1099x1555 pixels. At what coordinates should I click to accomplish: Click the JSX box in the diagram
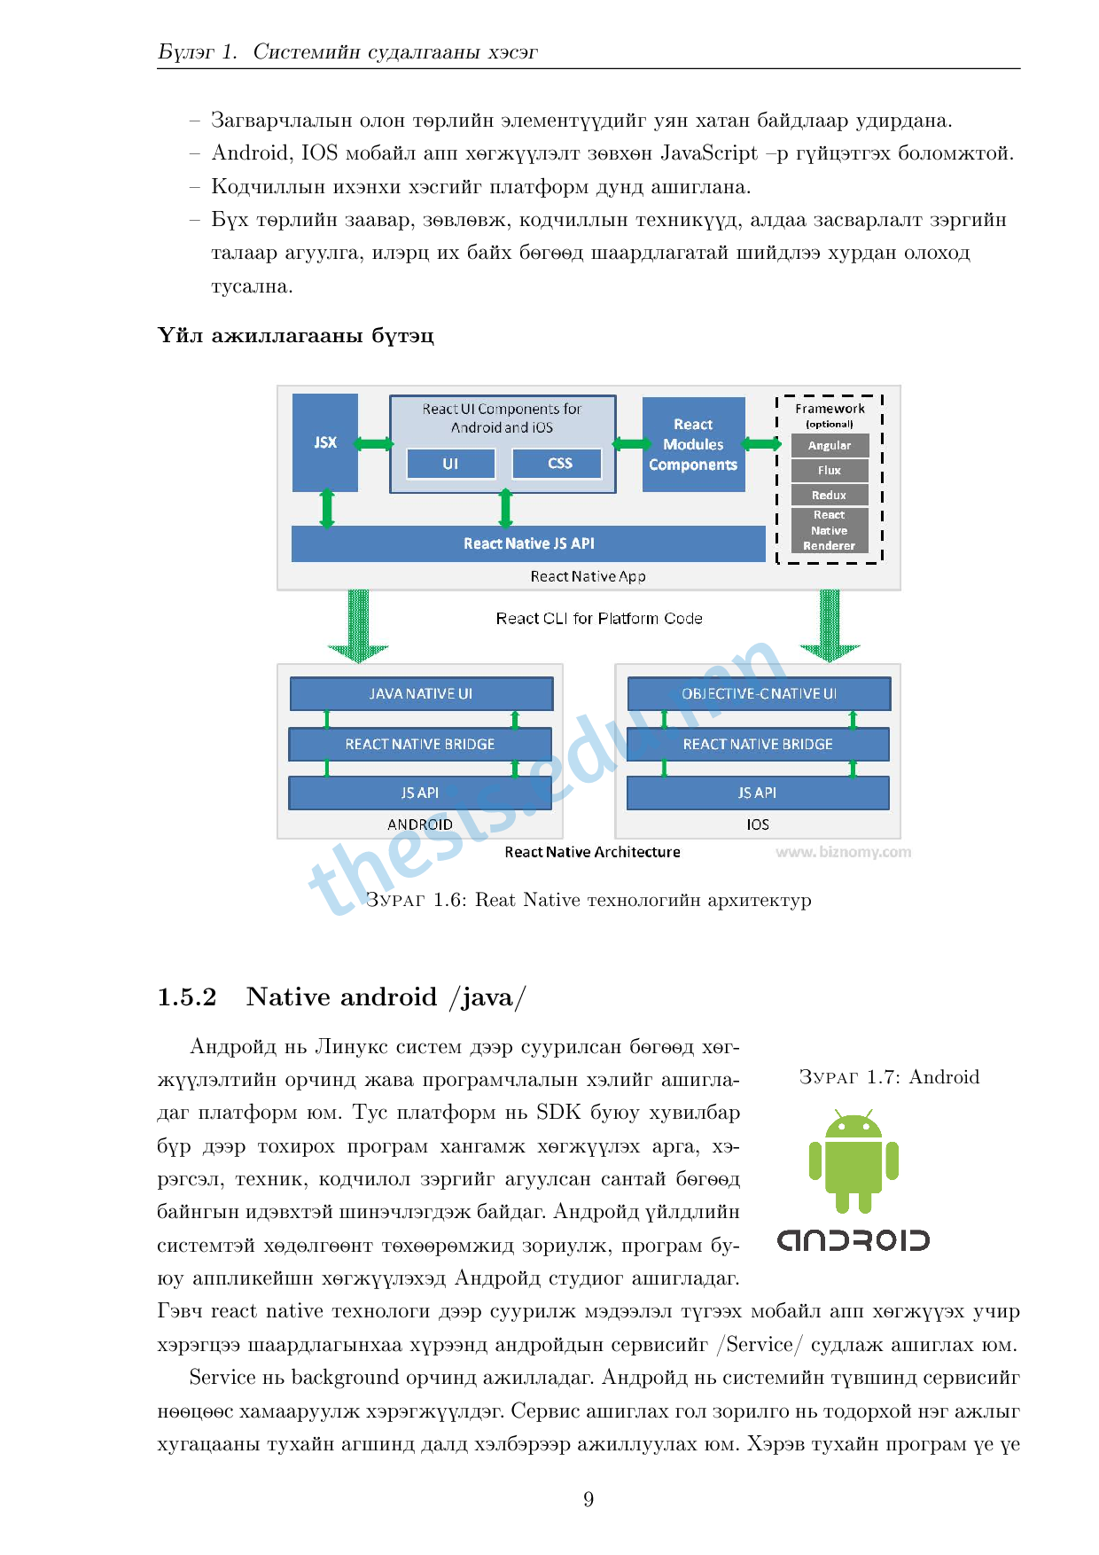pyautogui.click(x=325, y=442)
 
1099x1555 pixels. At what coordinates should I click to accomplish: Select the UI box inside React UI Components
pyautogui.click(x=450, y=464)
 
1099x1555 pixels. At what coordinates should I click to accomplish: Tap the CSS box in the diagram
pyautogui.click(x=559, y=464)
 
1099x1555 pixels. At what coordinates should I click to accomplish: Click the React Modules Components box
pyautogui.click(x=693, y=444)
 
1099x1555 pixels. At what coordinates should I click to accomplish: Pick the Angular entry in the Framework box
pyautogui.click(x=830, y=446)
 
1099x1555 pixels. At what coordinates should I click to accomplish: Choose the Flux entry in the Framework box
pyautogui.click(x=830, y=471)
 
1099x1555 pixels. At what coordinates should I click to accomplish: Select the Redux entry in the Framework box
pyautogui.click(x=830, y=496)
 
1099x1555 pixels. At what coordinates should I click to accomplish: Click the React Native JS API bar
pyautogui.click(x=528, y=543)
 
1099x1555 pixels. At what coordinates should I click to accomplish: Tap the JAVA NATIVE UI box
pyautogui.click(x=421, y=694)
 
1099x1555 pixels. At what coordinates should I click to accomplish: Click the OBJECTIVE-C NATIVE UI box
pyautogui.click(x=759, y=694)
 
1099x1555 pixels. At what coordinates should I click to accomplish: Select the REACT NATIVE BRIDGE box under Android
pyautogui.click(x=420, y=745)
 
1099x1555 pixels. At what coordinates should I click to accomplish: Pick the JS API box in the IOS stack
pyautogui.click(x=758, y=793)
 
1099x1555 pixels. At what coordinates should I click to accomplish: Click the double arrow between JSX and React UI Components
pyautogui.click(x=374, y=444)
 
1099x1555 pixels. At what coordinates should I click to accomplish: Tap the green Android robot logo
pyautogui.click(x=853, y=1161)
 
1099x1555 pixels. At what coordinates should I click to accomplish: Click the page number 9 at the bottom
pyautogui.click(x=588, y=1499)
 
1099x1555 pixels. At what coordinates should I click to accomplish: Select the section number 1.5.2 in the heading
pyautogui.click(x=187, y=997)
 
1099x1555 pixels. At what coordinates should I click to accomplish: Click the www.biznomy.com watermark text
pyautogui.click(x=843, y=852)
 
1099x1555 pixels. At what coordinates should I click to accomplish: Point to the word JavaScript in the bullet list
pyautogui.click(x=709, y=153)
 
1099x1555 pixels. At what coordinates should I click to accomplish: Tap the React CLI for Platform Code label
pyautogui.click(x=599, y=619)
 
